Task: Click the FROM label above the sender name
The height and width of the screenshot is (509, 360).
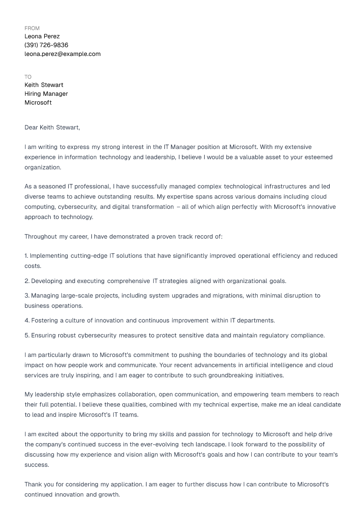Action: pos(32,28)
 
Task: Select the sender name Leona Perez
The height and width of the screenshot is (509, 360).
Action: pos(42,36)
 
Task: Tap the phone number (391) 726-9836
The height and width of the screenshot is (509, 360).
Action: pos(46,45)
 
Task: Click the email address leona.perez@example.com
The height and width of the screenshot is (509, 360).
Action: pos(62,54)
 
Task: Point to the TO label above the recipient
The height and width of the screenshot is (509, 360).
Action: pos(28,77)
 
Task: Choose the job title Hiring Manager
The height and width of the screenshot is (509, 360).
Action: pos(46,94)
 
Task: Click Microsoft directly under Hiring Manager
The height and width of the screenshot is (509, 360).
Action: pos(38,103)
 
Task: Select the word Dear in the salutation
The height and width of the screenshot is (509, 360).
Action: pos(31,128)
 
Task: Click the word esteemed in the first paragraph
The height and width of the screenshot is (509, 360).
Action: pos(318,157)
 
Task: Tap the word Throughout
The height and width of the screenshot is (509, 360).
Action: pos(41,237)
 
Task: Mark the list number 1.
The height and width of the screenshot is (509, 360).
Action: pos(26,256)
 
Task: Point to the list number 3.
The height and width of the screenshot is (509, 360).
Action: pos(27,296)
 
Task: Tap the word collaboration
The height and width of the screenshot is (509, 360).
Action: pos(137,394)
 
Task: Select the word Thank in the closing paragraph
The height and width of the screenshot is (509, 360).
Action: pos(33,484)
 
